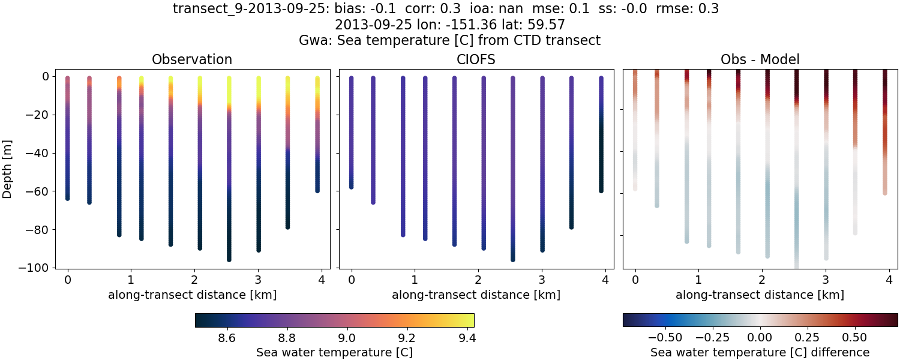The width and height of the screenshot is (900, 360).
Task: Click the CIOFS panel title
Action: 476,59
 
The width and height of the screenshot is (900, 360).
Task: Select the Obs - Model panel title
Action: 760,59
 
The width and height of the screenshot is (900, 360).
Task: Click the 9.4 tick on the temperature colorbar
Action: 466,338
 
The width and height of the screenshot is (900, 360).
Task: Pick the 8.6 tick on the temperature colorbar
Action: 226,338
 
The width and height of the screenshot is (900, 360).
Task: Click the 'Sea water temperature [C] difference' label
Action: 760,352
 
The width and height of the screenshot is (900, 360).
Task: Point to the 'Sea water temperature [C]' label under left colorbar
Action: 334,352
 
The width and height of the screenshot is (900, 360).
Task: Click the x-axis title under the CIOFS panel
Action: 476,295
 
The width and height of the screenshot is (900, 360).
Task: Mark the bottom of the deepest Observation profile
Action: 229,259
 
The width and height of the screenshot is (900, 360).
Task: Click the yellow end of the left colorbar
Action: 471,320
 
